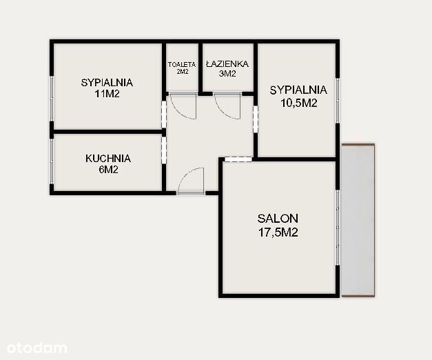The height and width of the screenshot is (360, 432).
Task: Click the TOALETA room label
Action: tap(182, 65)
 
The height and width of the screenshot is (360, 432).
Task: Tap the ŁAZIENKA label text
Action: tap(227, 64)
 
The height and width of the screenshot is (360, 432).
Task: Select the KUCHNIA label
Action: tap(108, 159)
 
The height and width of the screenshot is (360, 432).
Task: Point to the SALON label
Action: tap(278, 219)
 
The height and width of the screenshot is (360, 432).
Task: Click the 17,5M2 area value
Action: tap(278, 232)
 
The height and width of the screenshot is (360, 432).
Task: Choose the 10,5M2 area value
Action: tap(299, 103)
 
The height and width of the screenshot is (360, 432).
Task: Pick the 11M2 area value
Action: tap(107, 94)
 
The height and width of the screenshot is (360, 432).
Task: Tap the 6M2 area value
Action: tap(108, 170)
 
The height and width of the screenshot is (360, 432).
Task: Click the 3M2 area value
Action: tap(227, 74)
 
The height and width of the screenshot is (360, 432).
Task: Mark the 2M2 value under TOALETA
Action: tap(182, 72)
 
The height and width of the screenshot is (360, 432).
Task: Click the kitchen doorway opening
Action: tap(164, 150)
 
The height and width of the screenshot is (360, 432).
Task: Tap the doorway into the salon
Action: tap(238, 159)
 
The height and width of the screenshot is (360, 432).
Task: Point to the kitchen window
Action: tap(52, 161)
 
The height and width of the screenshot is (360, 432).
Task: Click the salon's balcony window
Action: tap(338, 228)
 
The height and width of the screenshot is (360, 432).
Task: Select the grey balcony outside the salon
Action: tap(358, 220)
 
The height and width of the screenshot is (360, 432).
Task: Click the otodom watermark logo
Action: tap(37, 348)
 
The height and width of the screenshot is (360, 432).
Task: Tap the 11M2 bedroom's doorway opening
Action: tap(164, 114)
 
